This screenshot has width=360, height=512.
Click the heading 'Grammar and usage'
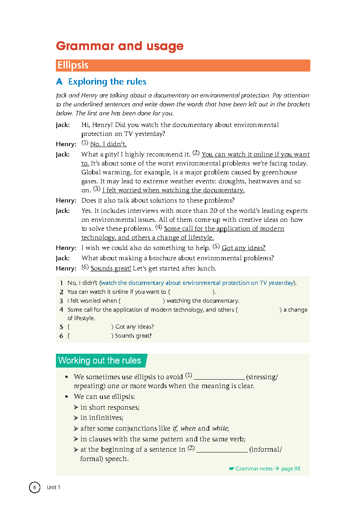click(119, 46)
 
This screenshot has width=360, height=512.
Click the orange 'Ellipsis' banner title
click(73, 65)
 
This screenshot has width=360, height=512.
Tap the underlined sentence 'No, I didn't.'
click(108, 144)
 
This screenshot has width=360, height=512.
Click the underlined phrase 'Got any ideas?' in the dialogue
click(243, 248)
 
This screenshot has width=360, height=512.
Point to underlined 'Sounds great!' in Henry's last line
click(110, 268)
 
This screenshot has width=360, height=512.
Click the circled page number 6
click(35, 487)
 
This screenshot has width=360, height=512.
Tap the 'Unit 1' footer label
click(53, 487)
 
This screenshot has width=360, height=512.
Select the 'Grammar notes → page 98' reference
click(267, 469)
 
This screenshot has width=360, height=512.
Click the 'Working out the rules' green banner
click(100, 360)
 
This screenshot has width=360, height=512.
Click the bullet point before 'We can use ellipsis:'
click(66, 397)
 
